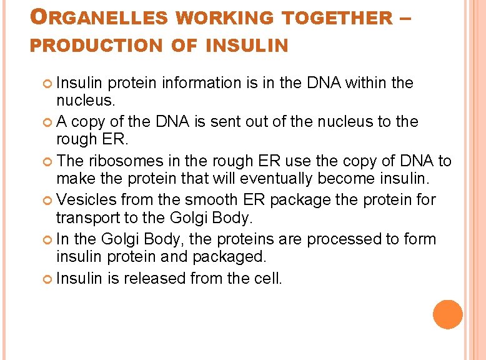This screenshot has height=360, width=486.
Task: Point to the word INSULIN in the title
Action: coord(247,46)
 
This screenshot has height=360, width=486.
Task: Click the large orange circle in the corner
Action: coord(449,314)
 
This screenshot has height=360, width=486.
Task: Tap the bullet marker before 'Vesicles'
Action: coord(49,201)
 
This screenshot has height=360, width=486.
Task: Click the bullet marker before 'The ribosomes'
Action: coord(49,161)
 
